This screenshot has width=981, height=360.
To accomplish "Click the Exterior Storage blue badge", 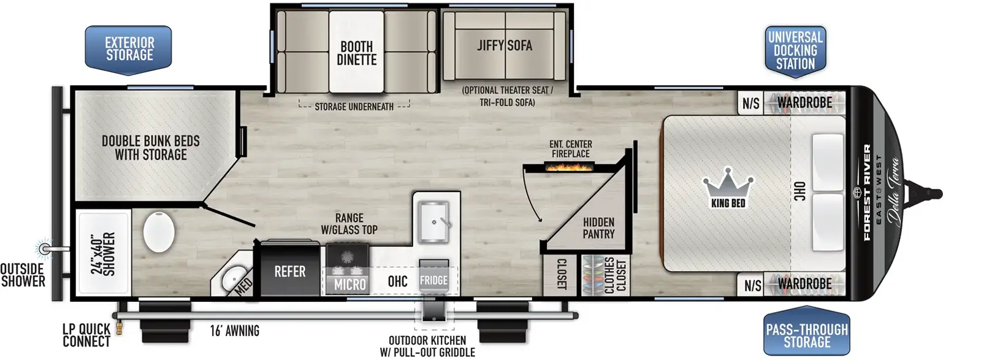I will click(128, 49).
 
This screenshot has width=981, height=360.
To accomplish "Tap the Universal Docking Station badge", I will click(795, 51).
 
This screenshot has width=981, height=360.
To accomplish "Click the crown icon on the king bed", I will click(728, 182).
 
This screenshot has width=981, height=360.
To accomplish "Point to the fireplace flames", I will click(570, 166).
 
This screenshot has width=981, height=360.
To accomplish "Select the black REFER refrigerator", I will click(289, 270).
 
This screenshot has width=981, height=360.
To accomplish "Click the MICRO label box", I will click(349, 284).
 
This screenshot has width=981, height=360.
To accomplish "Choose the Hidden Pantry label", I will click(598, 228).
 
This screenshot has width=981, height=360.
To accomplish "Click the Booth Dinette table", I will click(356, 53).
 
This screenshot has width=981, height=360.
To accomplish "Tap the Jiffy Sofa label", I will click(505, 45).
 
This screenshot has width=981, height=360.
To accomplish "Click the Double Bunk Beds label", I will click(151, 148).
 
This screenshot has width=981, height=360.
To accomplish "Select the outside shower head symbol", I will click(44, 248).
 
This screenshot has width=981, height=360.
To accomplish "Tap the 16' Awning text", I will click(234, 331).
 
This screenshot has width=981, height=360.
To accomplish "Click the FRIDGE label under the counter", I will click(433, 280).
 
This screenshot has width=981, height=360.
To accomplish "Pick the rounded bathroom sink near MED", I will click(233, 279).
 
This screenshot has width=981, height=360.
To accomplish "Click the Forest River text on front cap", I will click(866, 192).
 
